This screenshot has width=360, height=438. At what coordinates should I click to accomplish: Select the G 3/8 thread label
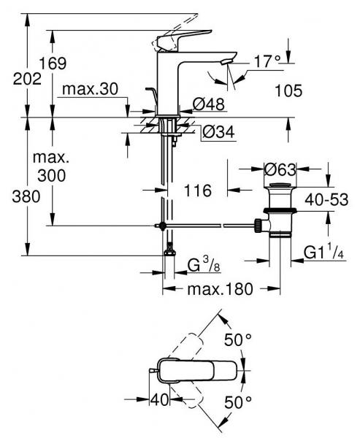click(203, 262)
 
